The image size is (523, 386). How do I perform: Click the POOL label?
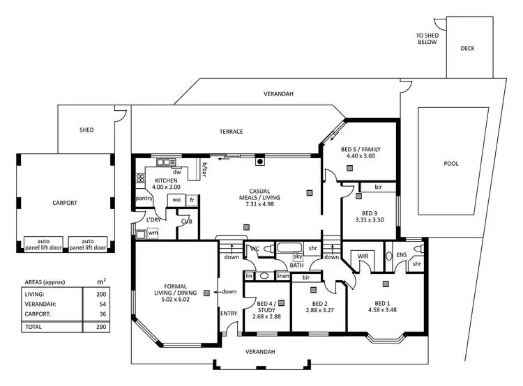pos(451,164)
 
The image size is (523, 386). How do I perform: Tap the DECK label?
pos(467,49)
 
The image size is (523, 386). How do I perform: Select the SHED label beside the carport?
pos(86,130)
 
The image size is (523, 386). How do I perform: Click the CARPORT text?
pos(65,203)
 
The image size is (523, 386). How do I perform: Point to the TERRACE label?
pos(232,132)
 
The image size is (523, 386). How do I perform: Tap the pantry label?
pos(144,199)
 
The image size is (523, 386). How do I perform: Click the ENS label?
pos(401,255)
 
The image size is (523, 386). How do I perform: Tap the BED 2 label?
pos(320,304)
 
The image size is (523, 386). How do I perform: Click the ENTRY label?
pos(229,314)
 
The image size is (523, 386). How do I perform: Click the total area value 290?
pos(103,326)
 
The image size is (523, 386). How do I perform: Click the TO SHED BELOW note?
pos(427,38)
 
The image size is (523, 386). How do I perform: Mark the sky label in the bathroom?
pos(298,257)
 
